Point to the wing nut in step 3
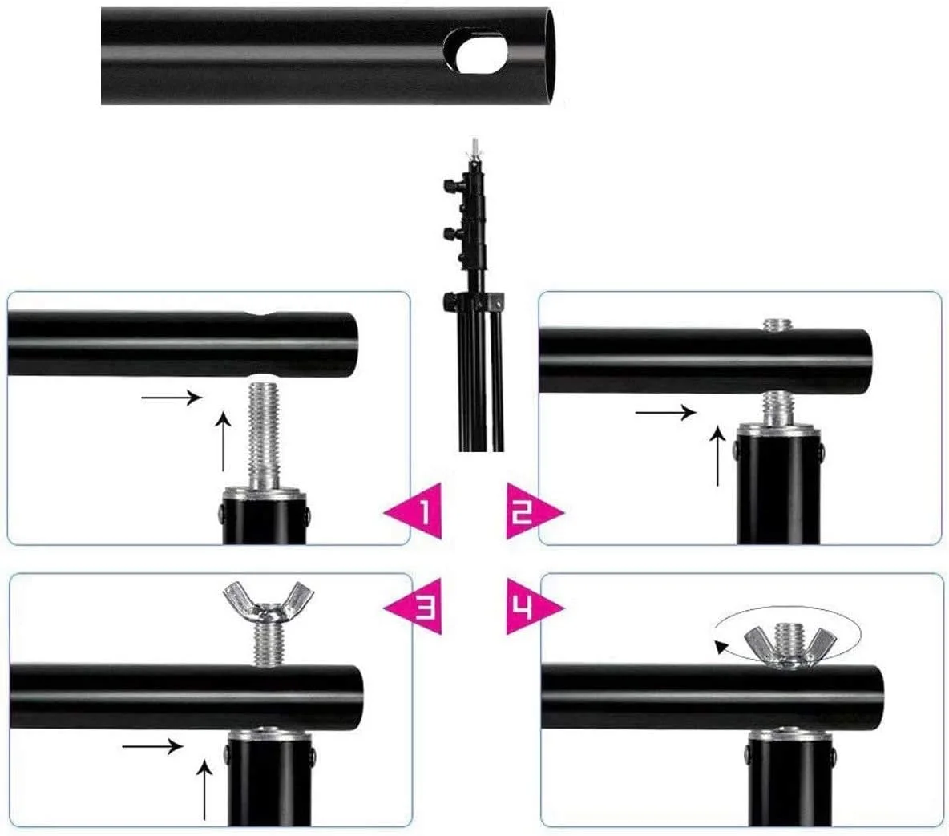(268, 601)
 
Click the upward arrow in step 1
(224, 441)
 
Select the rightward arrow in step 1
(172, 397)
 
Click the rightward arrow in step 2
(666, 413)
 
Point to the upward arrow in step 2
(718, 455)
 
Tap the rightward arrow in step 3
(152, 746)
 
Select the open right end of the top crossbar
(551, 55)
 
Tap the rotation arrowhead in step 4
(721, 647)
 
